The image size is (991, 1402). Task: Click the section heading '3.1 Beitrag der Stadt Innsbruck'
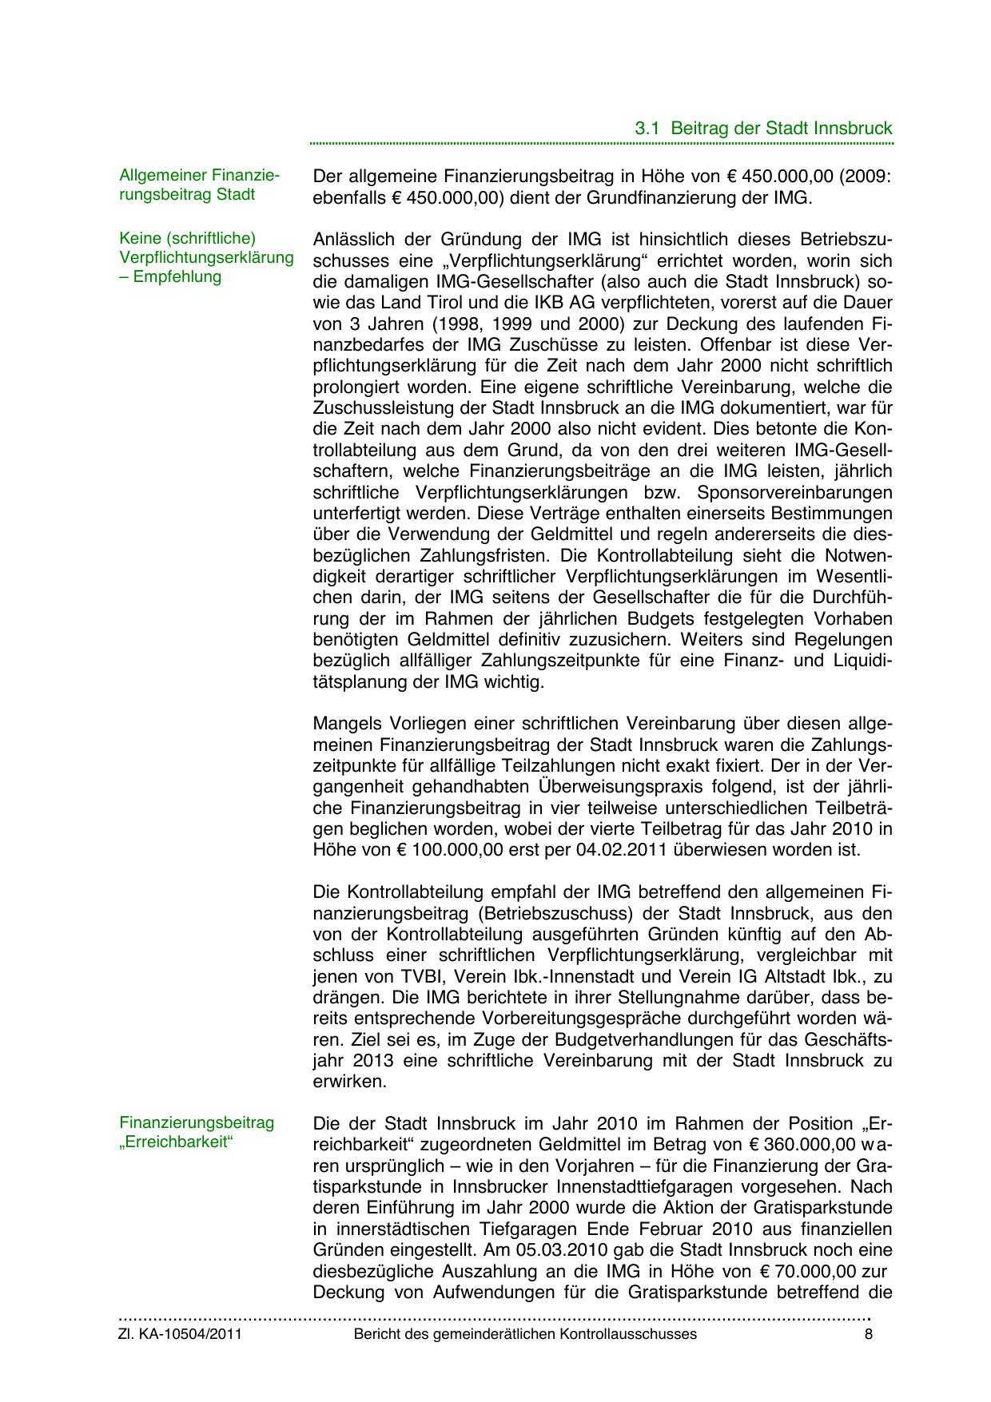coord(763,128)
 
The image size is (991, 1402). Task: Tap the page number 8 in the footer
coord(868,1334)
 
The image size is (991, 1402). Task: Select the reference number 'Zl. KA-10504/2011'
coord(180,1334)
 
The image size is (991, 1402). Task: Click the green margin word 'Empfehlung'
coord(177,277)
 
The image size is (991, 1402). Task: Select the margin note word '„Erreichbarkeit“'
coord(175,1142)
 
